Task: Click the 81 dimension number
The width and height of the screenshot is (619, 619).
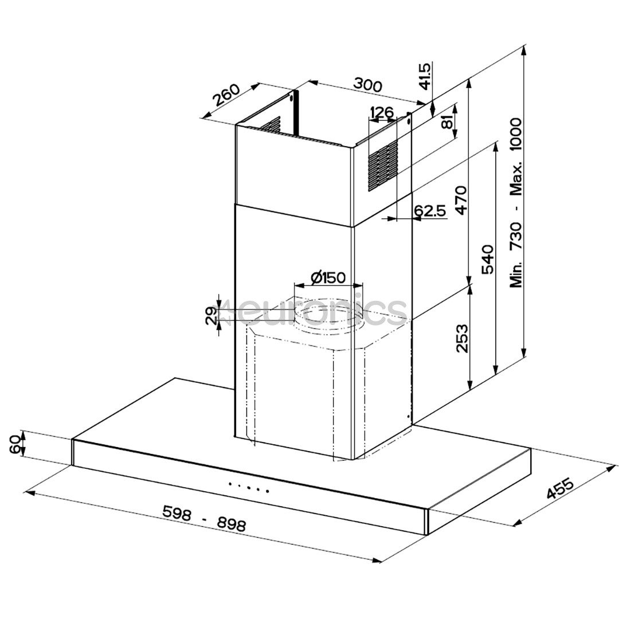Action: click(x=448, y=122)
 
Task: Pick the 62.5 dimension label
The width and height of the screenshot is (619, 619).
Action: click(x=430, y=210)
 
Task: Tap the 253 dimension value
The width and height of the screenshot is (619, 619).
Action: click(x=463, y=338)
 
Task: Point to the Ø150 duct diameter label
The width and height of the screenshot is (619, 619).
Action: click(x=328, y=278)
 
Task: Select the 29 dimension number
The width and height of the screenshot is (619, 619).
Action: click(x=211, y=316)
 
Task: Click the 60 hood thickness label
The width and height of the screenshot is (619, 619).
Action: click(x=15, y=444)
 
